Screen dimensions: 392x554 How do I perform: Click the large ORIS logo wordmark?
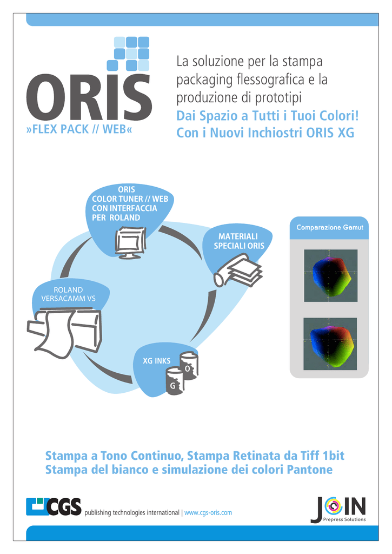click(89, 97)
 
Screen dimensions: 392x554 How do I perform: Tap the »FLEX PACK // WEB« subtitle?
click(79, 129)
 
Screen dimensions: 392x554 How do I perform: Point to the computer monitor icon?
click(131, 243)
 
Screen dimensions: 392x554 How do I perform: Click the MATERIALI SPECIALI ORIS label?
click(239, 241)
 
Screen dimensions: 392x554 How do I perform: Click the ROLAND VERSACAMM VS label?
click(68, 294)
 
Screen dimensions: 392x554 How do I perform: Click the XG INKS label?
click(156, 361)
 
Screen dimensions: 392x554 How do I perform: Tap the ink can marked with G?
click(175, 381)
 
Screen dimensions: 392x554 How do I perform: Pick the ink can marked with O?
click(189, 366)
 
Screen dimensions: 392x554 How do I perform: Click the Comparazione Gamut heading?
click(329, 228)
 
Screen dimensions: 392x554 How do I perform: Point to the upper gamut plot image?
click(330, 275)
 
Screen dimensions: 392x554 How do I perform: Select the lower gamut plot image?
click(330, 344)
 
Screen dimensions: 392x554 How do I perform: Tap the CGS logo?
click(54, 506)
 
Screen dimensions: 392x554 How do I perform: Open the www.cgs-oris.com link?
click(208, 513)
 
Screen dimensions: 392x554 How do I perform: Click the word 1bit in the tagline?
click(334, 456)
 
